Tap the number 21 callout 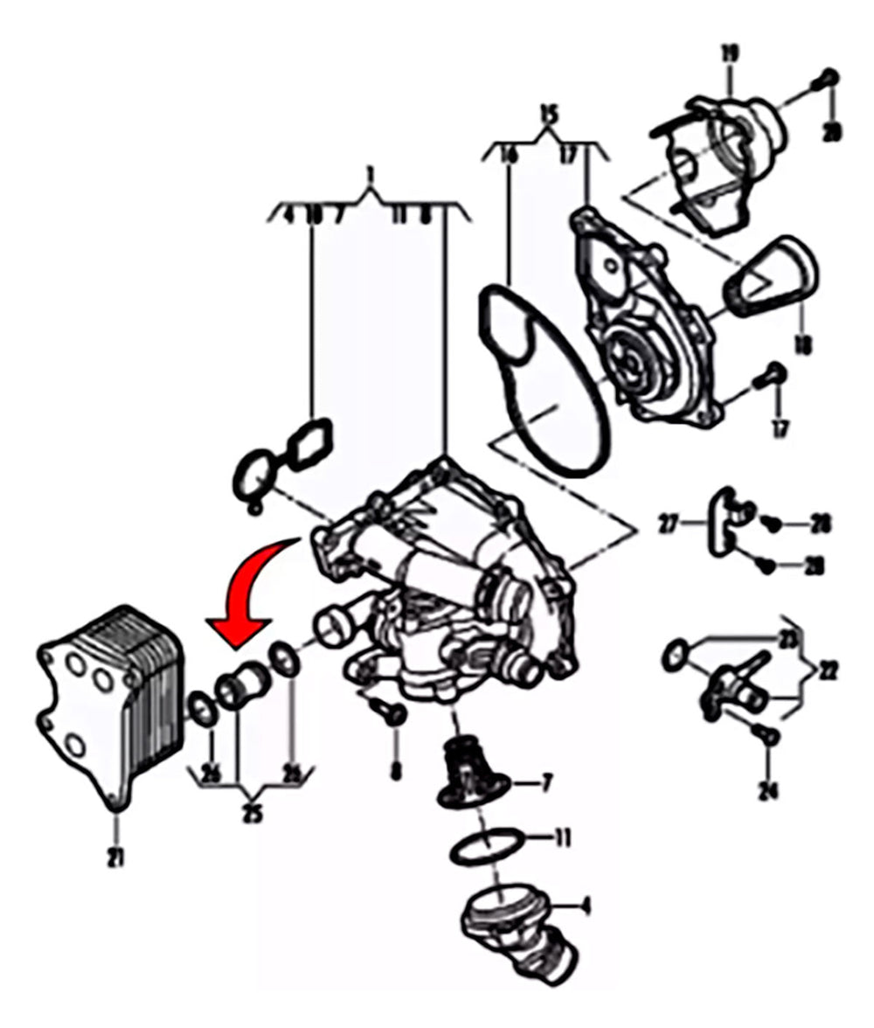[x=115, y=858]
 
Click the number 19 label [x=730, y=54]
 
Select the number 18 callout [x=802, y=345]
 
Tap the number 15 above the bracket [x=548, y=115]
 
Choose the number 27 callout [x=669, y=525]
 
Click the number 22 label [x=829, y=670]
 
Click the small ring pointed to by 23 [x=674, y=654]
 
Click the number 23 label [x=788, y=639]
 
